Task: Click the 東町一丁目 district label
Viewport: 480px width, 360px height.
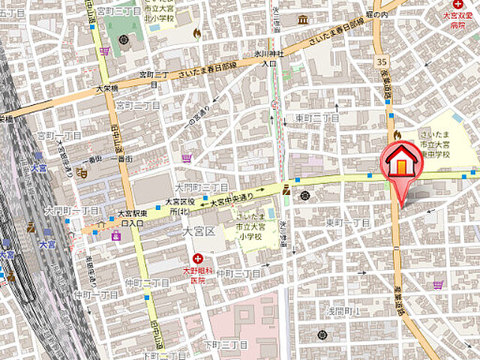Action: pyautogui.click(x=346, y=223)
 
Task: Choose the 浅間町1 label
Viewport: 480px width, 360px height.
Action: pyautogui.click(x=344, y=310)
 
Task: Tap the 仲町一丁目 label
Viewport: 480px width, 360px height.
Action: pyautogui.click(x=96, y=295)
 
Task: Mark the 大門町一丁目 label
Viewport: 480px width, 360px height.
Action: pyautogui.click(x=71, y=210)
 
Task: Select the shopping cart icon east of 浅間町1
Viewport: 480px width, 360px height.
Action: pyautogui.click(x=438, y=284)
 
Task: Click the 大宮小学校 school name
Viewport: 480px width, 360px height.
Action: pyautogui.click(x=250, y=225)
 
